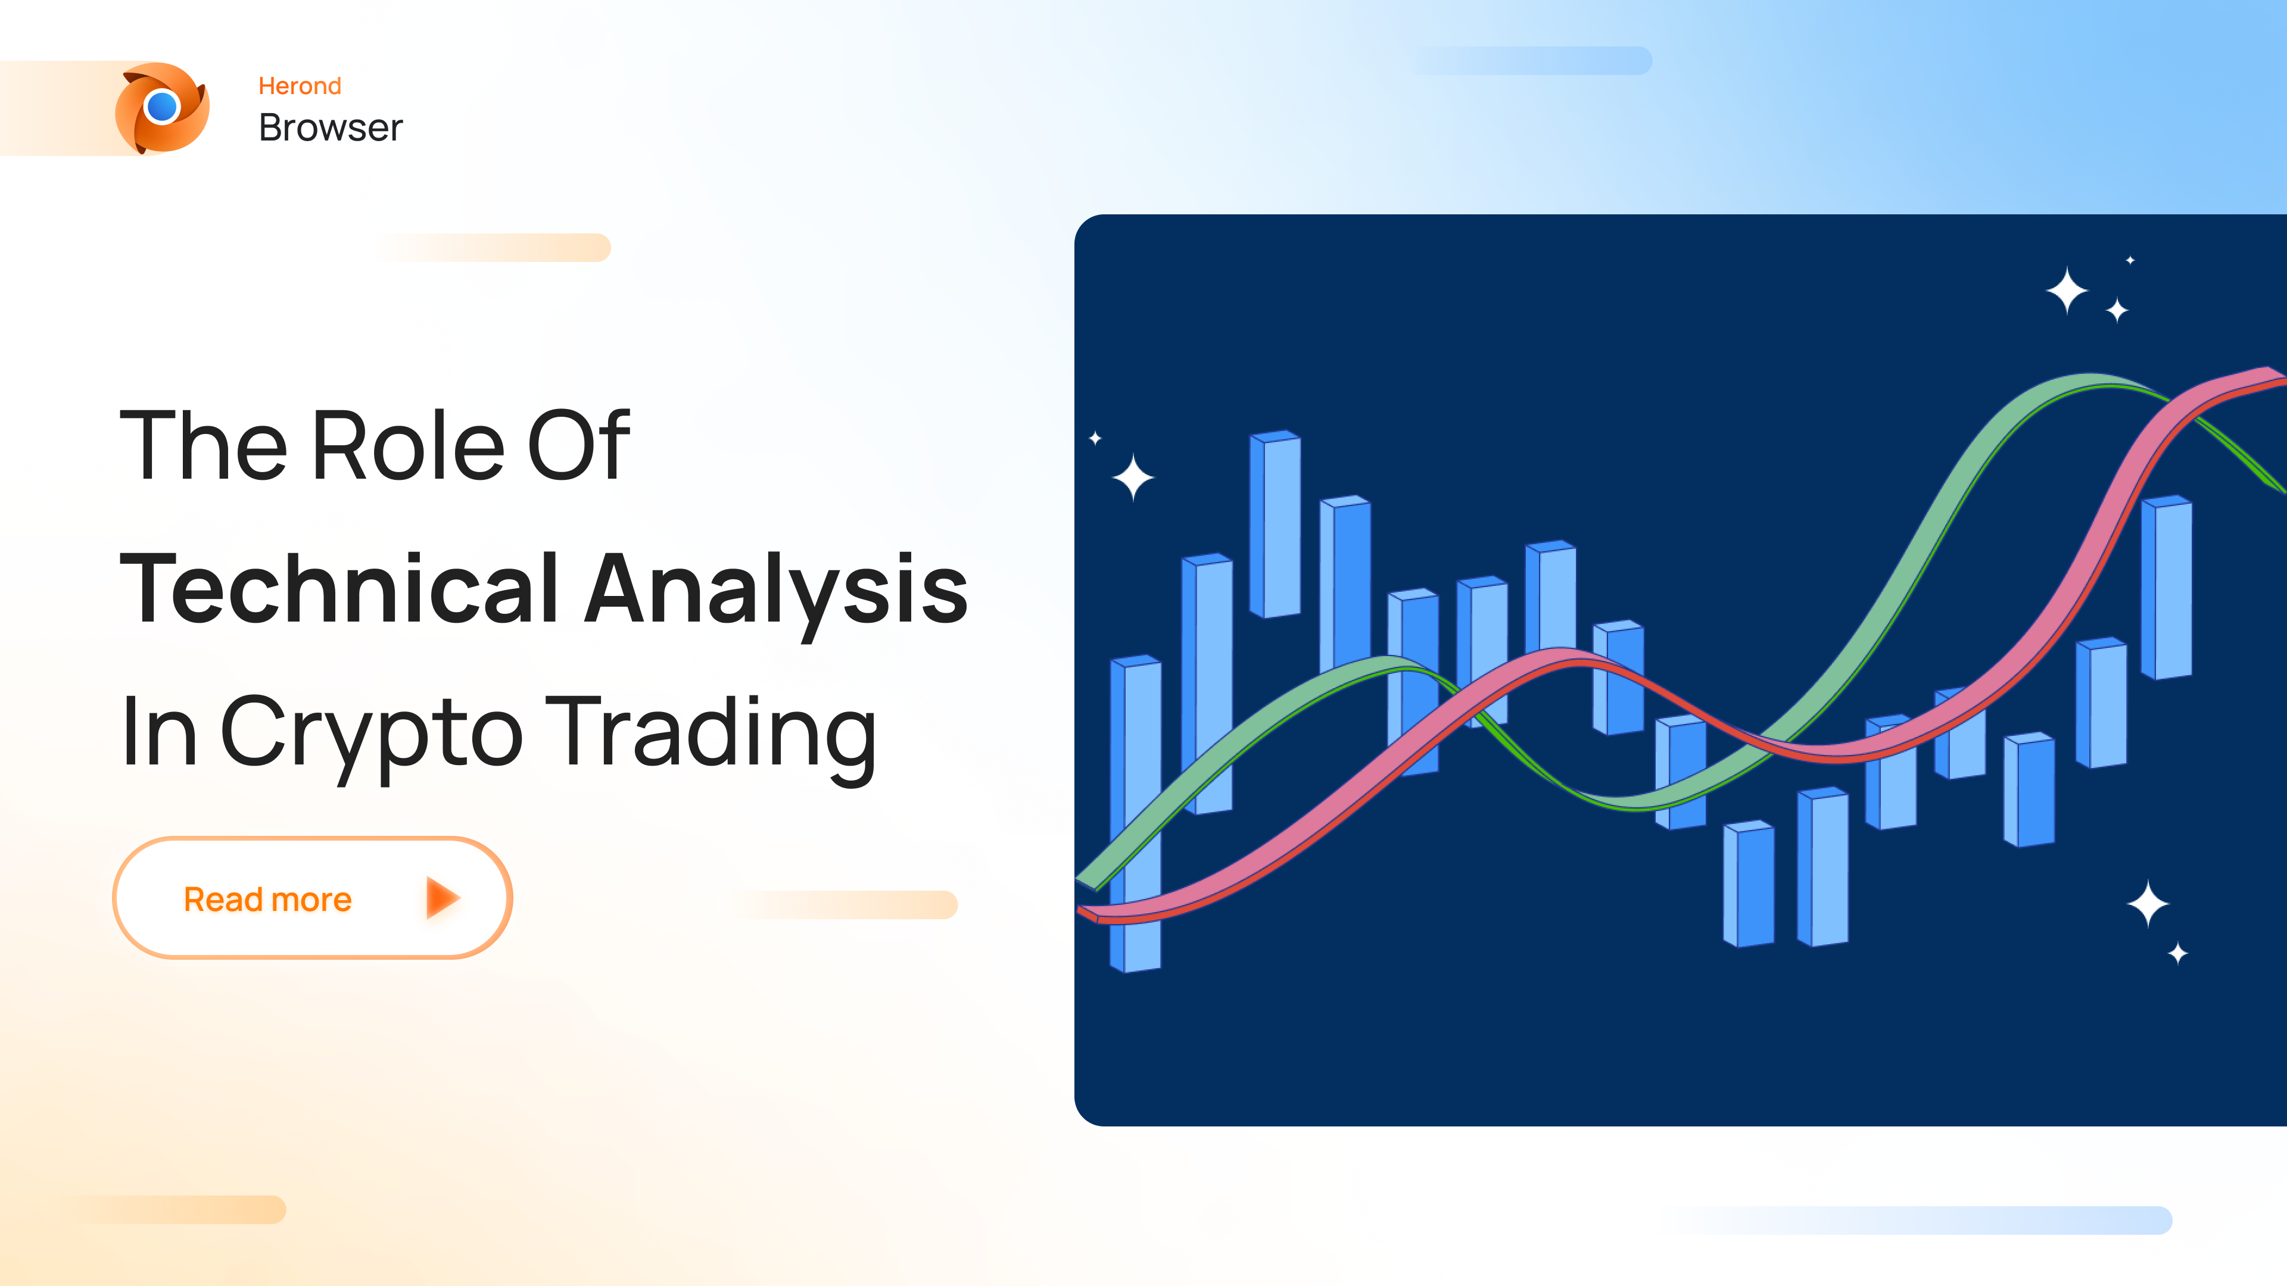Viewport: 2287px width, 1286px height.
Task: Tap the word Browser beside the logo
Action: click(x=331, y=128)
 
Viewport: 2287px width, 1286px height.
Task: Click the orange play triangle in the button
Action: click(x=441, y=898)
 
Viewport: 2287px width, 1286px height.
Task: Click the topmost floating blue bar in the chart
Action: click(x=1275, y=524)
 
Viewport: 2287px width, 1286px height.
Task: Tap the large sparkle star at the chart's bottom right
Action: click(x=2148, y=904)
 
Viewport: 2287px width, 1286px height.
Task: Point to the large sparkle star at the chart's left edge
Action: click(x=1133, y=477)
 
